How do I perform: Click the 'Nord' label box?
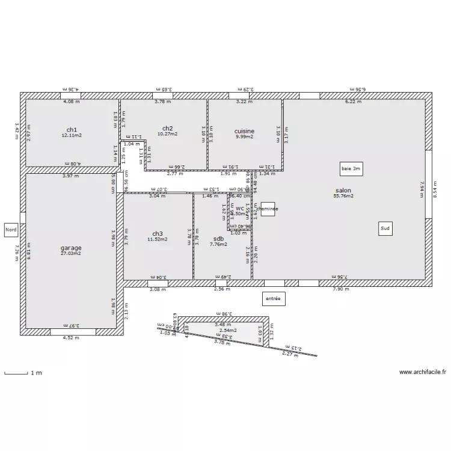11,230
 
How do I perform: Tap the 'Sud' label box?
385,229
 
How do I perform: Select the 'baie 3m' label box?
351,169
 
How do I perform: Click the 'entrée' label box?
274,298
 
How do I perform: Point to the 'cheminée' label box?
268,209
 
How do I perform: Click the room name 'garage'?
71,248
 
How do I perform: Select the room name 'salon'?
343,190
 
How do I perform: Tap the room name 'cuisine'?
244,130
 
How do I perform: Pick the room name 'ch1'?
72,129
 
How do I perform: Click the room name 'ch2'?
167,128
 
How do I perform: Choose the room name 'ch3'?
157,233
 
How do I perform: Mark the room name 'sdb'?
218,238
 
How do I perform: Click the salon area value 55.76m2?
343,196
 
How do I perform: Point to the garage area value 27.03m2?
71,254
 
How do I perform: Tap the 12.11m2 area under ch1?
72,135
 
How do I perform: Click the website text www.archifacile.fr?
423,372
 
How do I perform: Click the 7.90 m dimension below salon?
341,289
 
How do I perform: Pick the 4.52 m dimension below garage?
71,337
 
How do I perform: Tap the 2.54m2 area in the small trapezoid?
227,330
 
